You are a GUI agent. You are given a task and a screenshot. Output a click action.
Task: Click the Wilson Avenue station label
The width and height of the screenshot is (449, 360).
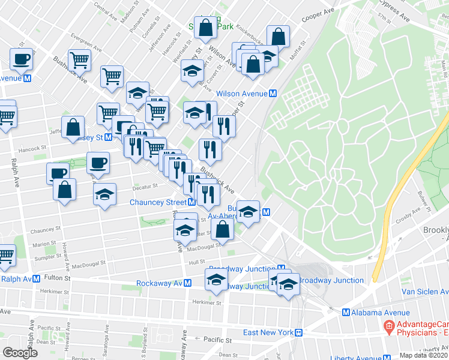coord(241,94)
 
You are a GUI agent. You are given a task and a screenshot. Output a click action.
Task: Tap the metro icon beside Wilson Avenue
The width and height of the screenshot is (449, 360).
coord(273,94)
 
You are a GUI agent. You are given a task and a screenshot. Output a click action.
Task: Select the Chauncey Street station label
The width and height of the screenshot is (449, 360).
coord(158,202)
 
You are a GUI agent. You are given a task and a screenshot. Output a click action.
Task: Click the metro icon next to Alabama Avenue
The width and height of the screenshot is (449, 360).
coord(346,313)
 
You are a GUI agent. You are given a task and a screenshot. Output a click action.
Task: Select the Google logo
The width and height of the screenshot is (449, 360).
coord(20,353)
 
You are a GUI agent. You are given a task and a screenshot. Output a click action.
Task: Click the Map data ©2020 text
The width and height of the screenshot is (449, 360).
coord(424,355)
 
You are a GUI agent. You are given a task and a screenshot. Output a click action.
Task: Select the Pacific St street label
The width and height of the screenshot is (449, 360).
coord(217,340)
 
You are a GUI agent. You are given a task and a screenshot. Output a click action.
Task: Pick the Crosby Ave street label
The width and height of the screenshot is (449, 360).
coord(409,219)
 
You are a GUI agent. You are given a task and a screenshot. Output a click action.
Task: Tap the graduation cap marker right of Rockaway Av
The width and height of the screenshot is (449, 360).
coord(216,280)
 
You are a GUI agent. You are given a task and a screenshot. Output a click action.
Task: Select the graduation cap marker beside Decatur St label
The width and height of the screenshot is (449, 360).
coord(104,194)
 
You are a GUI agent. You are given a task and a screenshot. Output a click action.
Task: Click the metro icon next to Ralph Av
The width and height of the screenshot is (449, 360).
coord(38,279)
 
